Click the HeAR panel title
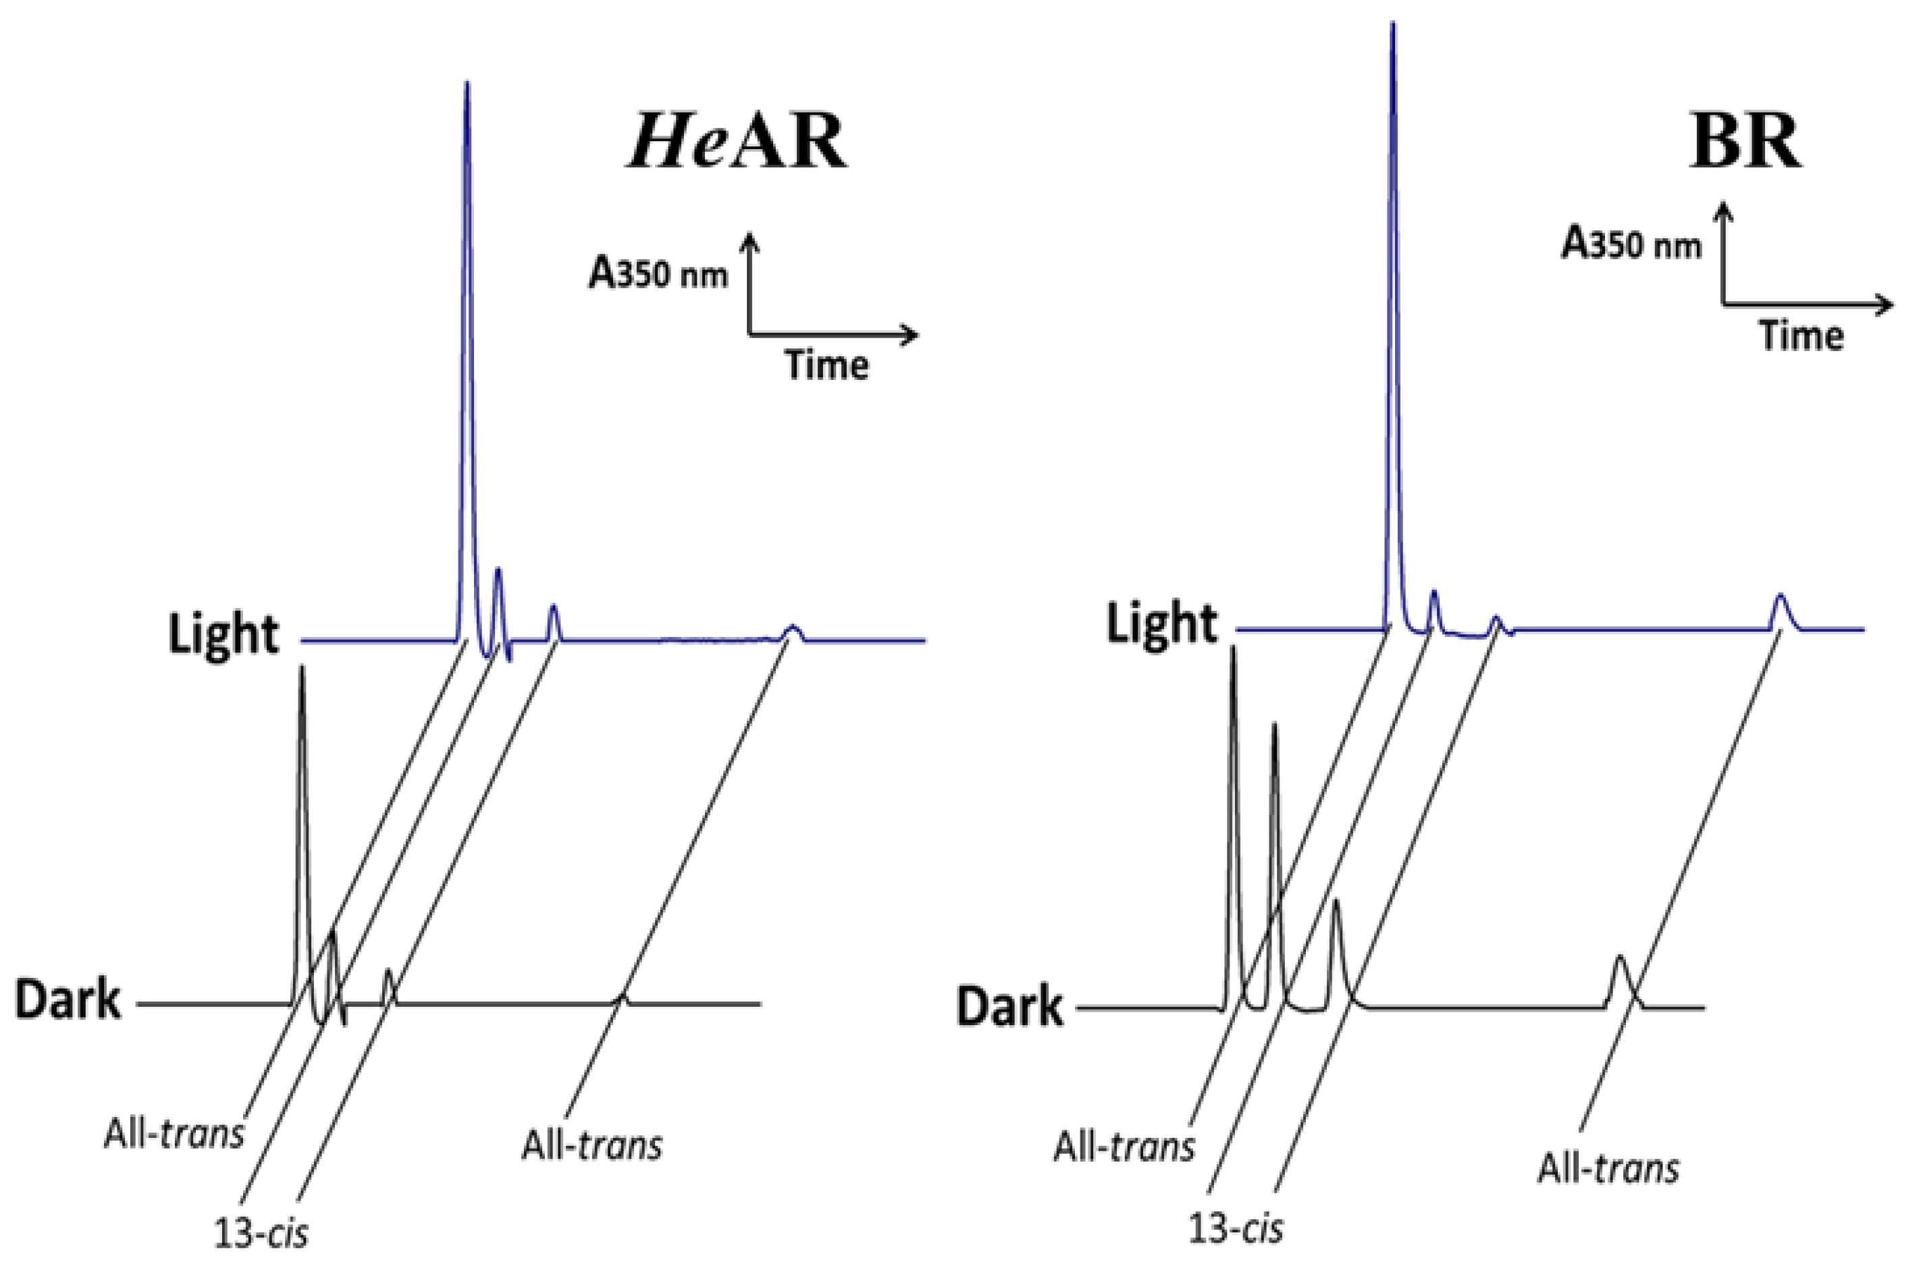[737, 142]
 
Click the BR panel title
[1745, 142]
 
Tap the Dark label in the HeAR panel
[68, 1001]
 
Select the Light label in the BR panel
[1161, 624]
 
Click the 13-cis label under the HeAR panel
[261, 1232]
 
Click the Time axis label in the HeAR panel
[826, 364]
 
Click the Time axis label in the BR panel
[1802, 336]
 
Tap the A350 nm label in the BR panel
[1631, 244]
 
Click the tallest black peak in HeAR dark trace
[303, 668]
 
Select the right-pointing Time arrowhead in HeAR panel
[912, 333]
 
